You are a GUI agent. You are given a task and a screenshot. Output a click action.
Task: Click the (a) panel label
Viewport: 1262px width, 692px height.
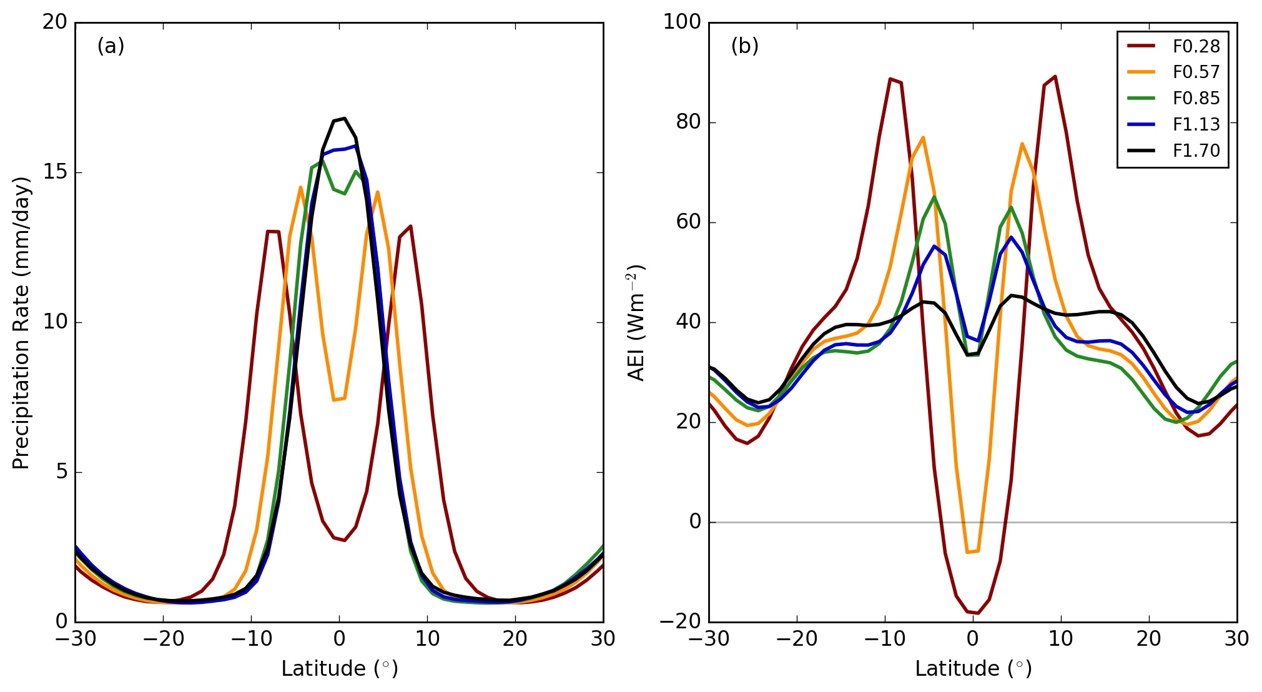[x=111, y=46]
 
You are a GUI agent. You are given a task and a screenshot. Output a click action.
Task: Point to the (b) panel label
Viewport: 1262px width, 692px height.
[x=744, y=46]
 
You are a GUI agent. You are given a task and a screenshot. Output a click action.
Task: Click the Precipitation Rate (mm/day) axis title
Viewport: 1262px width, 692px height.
[x=21, y=322]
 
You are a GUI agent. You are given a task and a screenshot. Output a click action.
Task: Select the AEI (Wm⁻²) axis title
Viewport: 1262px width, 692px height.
[x=636, y=322]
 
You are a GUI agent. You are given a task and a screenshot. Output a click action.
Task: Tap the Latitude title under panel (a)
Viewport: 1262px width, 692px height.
[x=339, y=669]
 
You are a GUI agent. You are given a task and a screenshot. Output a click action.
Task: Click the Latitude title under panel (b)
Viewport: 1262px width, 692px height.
[x=973, y=669]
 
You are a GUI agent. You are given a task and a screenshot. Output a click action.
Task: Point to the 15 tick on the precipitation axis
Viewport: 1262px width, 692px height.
[x=55, y=172]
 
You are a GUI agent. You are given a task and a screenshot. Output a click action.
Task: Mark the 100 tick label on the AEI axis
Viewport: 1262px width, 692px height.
[x=681, y=22]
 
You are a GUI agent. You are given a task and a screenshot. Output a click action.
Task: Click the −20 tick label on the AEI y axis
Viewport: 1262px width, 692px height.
[x=681, y=621]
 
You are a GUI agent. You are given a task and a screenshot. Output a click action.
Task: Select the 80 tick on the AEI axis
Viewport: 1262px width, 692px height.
[x=688, y=122]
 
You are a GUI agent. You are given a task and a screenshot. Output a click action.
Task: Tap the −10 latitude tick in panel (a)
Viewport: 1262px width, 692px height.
[x=251, y=639]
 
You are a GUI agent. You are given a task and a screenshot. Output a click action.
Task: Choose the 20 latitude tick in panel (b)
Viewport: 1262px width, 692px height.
[x=1148, y=639]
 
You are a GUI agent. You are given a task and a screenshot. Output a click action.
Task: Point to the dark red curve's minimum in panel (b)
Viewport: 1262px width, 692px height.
[x=978, y=613]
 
